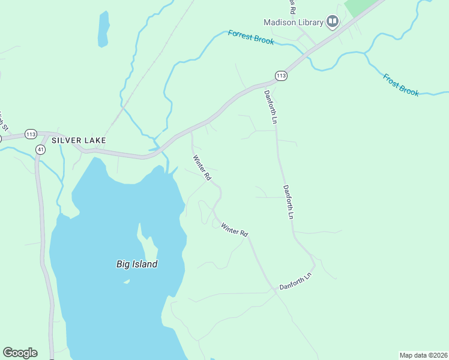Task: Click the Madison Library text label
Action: point(294,22)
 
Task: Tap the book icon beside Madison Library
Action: point(333,22)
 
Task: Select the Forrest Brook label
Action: point(251,37)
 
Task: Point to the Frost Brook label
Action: point(400,84)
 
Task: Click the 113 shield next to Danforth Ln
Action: point(281,76)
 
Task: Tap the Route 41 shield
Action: point(40,148)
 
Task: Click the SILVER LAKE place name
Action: point(79,140)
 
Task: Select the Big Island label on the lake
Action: point(136,264)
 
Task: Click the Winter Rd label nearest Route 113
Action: point(202,169)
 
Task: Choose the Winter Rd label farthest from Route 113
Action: point(234,229)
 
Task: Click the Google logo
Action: point(20,353)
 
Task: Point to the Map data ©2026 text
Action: point(424,355)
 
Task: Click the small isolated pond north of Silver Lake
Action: point(103,29)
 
